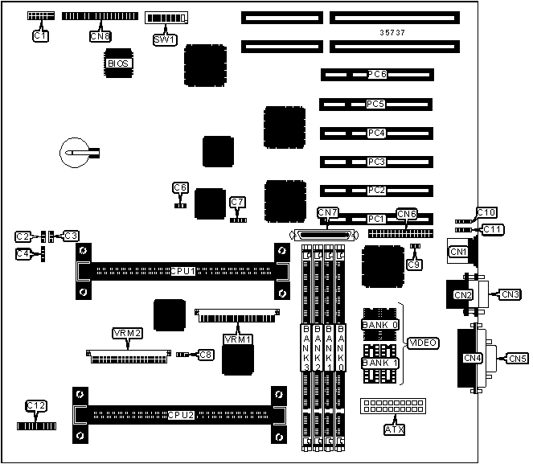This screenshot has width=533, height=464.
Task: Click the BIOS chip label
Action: (x=118, y=62)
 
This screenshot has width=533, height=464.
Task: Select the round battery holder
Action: (x=77, y=151)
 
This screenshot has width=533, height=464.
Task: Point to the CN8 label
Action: (x=100, y=35)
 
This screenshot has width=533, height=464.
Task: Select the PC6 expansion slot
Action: (x=377, y=75)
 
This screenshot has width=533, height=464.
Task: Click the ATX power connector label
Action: (x=394, y=429)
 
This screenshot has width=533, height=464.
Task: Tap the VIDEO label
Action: (x=423, y=343)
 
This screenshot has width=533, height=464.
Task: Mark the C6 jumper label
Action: (x=180, y=187)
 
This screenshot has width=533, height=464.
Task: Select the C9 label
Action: (x=414, y=264)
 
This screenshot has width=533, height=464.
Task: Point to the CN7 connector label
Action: (x=328, y=212)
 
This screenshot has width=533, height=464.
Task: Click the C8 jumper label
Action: (x=207, y=354)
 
